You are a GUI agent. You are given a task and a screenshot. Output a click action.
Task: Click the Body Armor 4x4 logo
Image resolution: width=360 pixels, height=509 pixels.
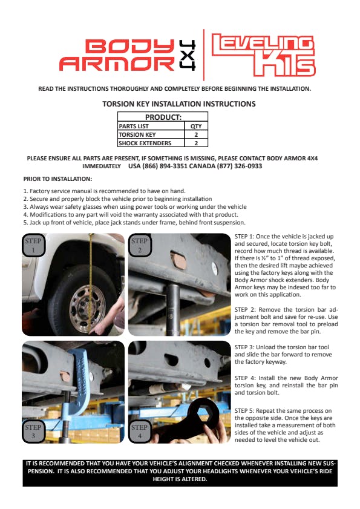128,55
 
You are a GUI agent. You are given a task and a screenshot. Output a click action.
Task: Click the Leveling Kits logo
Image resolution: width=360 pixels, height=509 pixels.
263,55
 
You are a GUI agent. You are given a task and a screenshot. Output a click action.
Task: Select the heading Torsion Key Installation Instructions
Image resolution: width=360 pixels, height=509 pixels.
179,104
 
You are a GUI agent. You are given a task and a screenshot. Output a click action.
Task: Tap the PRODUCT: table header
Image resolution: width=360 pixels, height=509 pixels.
163,117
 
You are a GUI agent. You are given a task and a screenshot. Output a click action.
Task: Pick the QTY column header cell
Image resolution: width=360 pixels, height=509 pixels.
196,126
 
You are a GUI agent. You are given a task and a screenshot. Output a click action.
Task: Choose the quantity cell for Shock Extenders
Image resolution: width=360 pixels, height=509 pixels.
196,143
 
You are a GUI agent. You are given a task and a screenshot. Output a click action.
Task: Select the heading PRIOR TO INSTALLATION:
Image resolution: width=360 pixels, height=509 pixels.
58,179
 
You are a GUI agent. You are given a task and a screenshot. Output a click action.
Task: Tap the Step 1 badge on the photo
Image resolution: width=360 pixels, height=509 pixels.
33,245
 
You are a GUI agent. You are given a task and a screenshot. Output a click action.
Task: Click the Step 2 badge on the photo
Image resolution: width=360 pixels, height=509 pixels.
140,245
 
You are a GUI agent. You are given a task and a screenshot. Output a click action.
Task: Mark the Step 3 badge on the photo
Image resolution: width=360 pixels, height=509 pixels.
33,432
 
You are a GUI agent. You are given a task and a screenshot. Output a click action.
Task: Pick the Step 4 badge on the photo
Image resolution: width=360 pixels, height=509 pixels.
140,432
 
